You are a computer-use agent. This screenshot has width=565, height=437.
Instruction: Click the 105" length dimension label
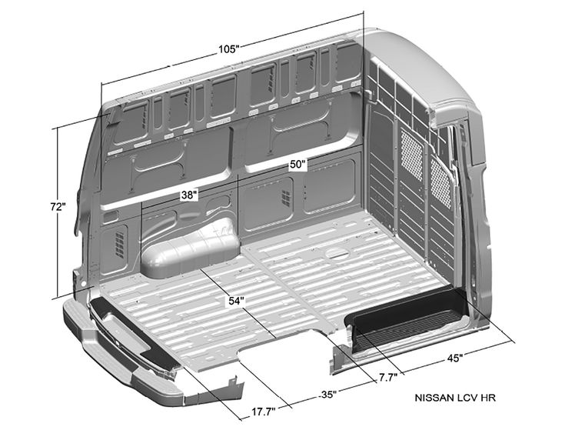tap(229, 48)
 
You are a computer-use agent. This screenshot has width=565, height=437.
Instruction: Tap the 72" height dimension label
tap(58, 207)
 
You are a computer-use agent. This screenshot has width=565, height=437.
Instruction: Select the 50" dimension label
tap(298, 165)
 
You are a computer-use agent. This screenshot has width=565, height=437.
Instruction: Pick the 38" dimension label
tap(189, 195)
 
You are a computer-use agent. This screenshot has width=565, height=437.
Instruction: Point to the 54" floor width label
tap(237, 301)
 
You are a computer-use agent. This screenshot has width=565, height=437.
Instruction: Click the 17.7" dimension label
tap(264, 412)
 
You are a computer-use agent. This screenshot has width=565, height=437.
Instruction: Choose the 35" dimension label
tap(327, 395)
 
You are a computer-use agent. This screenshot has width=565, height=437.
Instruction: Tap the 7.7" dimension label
tap(388, 378)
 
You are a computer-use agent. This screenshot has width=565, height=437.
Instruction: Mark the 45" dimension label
tap(455, 358)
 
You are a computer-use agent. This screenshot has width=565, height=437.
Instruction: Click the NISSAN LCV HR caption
tap(455, 398)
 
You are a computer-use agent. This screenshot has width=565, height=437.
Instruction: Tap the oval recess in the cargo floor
tap(337, 253)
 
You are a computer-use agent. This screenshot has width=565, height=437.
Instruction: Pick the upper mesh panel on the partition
tap(412, 155)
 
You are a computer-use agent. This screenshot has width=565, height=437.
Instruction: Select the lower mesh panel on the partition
tap(440, 184)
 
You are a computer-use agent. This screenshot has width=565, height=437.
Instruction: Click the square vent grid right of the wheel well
tap(285, 198)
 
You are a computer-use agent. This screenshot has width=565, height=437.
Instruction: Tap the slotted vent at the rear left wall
tap(119, 245)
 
